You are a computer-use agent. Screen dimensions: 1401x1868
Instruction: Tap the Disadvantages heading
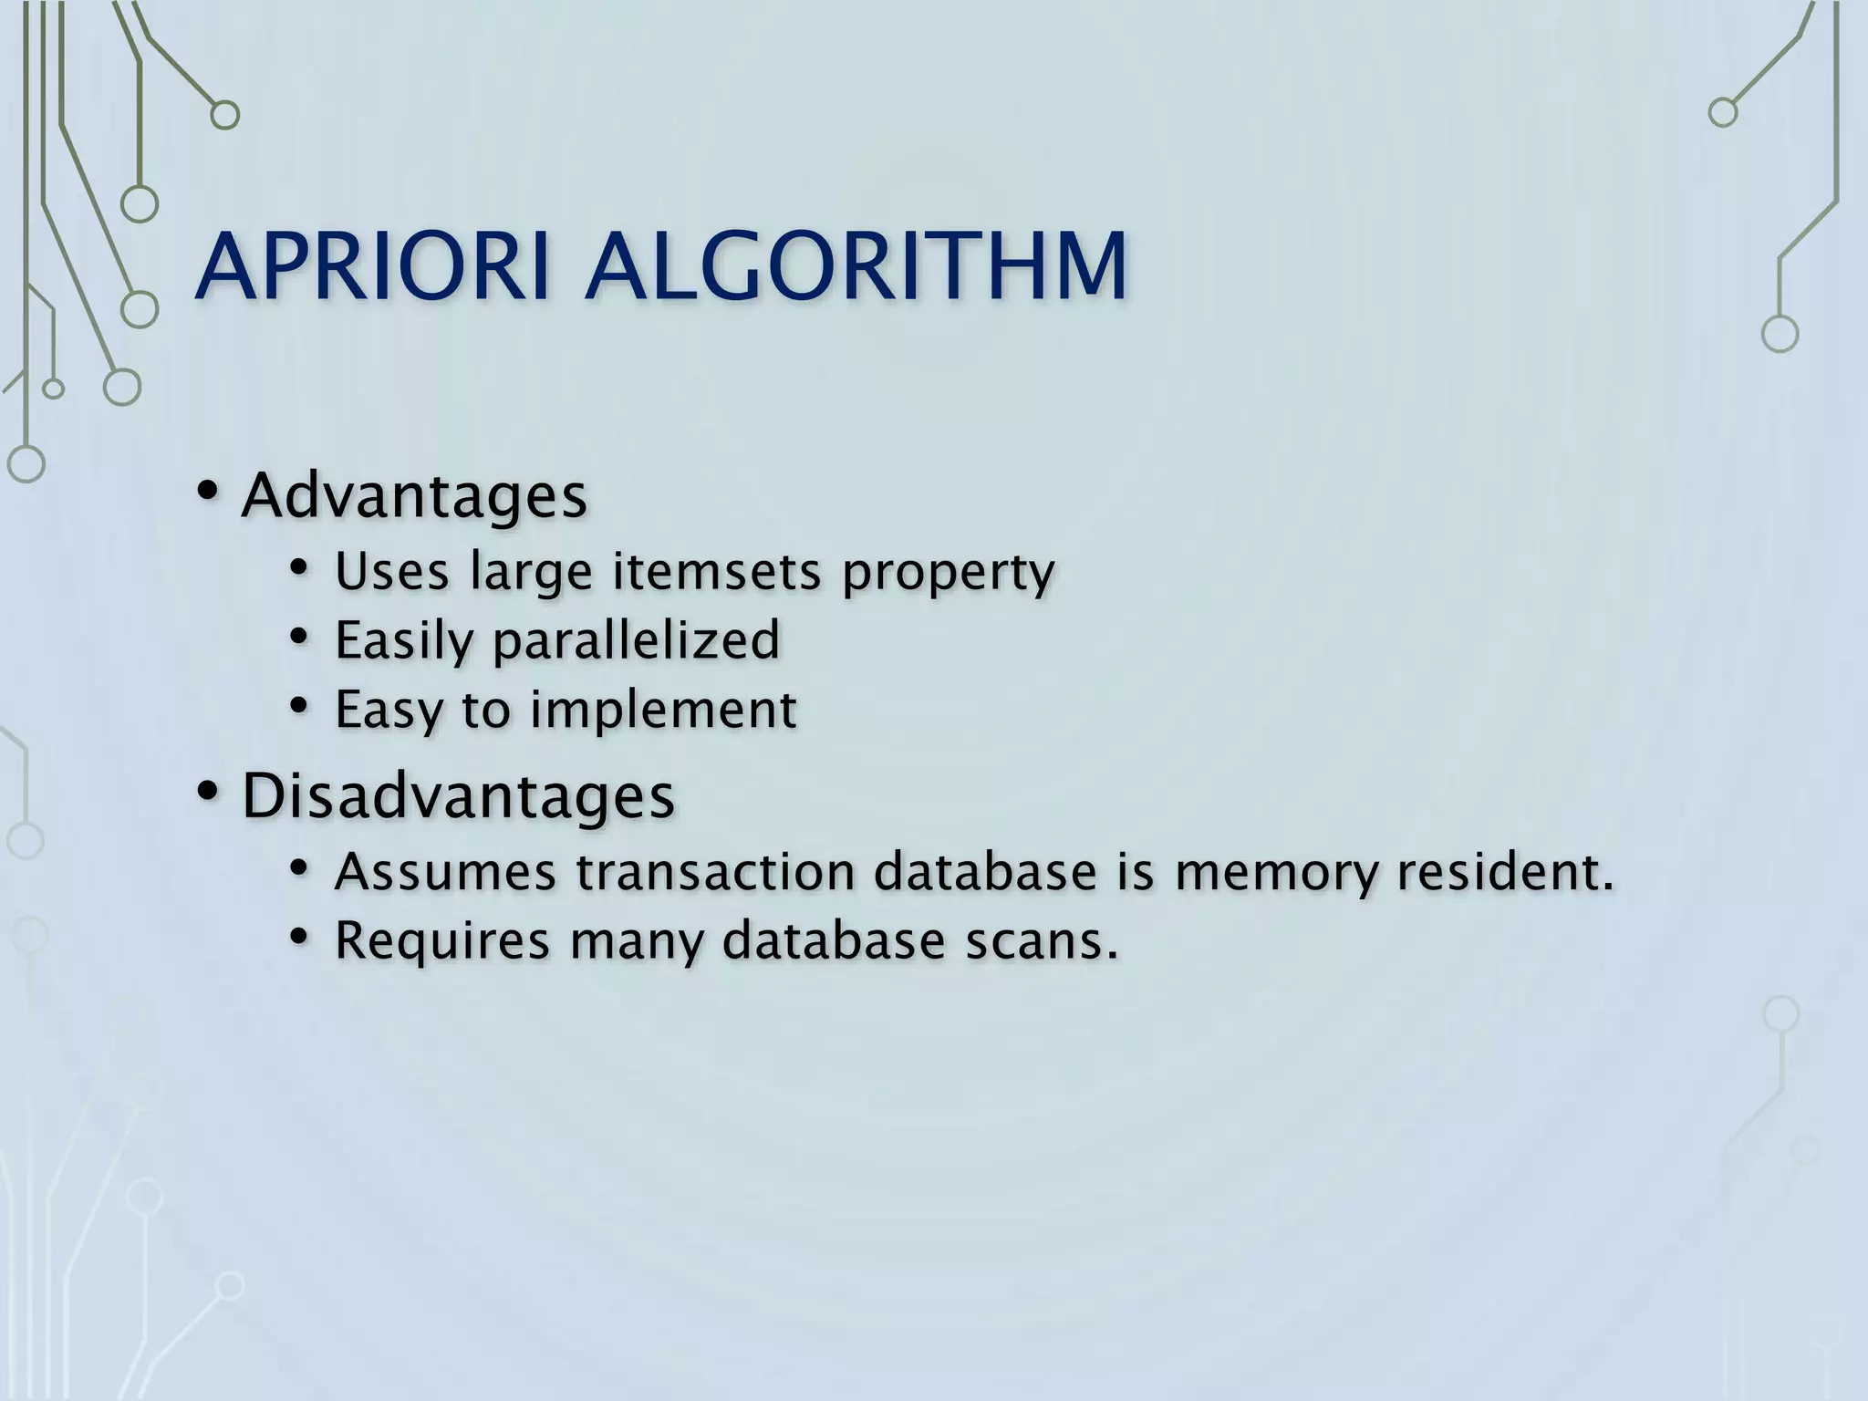click(458, 795)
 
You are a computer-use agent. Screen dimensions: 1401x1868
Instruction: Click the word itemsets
click(717, 572)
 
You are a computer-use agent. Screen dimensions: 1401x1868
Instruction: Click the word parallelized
click(636, 639)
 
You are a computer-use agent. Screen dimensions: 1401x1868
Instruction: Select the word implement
click(663, 710)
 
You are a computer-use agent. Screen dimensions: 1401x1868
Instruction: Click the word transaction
click(716, 871)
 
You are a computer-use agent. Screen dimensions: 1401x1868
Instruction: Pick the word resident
click(1505, 871)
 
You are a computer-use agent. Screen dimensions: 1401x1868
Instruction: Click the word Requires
click(442, 941)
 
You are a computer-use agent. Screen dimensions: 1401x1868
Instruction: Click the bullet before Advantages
click(207, 493)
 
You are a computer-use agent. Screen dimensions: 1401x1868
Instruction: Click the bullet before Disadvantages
click(207, 791)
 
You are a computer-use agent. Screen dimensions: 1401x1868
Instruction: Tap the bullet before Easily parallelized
click(298, 637)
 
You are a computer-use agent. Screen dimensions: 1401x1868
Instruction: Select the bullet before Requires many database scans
click(298, 937)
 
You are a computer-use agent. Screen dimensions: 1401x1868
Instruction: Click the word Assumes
click(445, 871)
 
